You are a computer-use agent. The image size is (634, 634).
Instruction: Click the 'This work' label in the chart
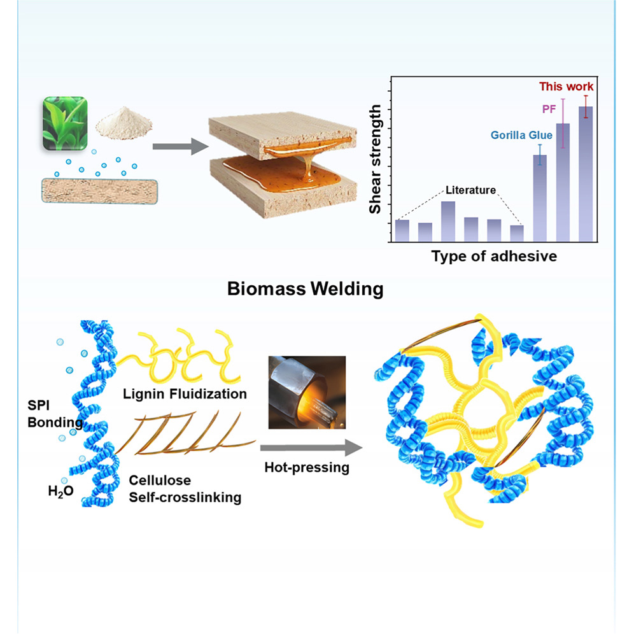coord(566,87)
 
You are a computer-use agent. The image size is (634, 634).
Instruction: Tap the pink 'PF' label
coord(549,109)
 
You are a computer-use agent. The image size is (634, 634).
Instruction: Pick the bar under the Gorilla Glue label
coord(539,197)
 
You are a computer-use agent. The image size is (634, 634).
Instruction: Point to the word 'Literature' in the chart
coord(470,190)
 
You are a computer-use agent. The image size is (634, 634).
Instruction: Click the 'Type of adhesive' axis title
coord(494,257)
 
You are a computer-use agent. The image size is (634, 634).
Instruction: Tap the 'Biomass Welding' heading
coord(306,290)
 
